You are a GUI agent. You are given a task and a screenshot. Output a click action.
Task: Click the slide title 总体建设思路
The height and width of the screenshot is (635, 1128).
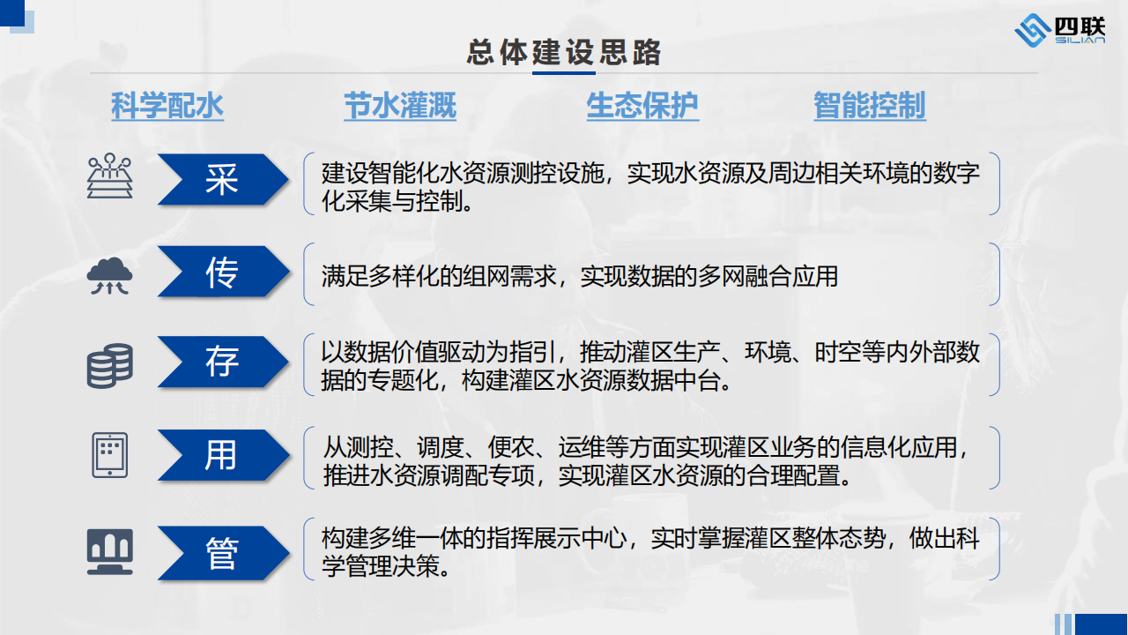pyautogui.click(x=563, y=52)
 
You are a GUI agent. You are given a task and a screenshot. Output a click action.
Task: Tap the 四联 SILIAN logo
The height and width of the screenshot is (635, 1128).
pyautogui.click(x=1059, y=30)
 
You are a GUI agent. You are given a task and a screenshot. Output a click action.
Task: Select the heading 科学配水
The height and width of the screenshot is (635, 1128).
pyautogui.click(x=167, y=106)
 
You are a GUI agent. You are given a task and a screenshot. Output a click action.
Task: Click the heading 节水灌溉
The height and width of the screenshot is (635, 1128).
pyautogui.click(x=400, y=106)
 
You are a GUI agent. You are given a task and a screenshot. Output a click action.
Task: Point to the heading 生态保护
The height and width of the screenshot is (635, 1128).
pyautogui.click(x=642, y=106)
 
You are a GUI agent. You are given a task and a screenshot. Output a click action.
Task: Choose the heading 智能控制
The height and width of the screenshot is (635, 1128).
pyautogui.click(x=870, y=106)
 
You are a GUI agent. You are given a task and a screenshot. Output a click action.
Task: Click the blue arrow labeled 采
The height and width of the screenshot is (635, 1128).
pyautogui.click(x=223, y=179)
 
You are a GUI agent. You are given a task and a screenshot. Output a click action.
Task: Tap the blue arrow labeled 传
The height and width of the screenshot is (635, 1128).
pyautogui.click(x=223, y=271)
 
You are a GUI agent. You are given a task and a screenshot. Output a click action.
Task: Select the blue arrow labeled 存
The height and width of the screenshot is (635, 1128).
pyautogui.click(x=223, y=362)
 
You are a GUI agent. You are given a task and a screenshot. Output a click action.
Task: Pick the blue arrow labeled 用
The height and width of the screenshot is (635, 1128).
pyautogui.click(x=223, y=455)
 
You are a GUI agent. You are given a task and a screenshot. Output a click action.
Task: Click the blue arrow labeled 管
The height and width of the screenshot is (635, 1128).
pyautogui.click(x=223, y=553)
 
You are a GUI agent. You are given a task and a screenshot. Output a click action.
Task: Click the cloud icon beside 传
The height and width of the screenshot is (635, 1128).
pyautogui.click(x=110, y=276)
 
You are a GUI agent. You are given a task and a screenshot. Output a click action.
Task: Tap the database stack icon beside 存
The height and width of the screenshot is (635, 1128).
pyautogui.click(x=110, y=366)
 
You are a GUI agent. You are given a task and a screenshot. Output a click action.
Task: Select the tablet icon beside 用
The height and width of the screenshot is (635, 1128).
pyautogui.click(x=110, y=455)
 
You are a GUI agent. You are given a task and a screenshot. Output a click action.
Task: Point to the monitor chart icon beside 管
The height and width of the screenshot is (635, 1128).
pyautogui.click(x=110, y=552)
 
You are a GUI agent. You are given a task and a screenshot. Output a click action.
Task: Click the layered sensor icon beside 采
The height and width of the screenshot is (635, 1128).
pyautogui.click(x=110, y=176)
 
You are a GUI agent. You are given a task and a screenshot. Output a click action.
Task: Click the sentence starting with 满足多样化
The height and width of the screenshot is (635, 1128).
pyautogui.click(x=579, y=276)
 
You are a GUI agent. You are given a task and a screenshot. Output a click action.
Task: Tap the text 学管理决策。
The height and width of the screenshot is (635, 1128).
pyautogui.click(x=386, y=567)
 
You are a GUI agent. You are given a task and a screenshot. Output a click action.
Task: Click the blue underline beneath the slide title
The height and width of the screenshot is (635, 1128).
pyautogui.click(x=563, y=73)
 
